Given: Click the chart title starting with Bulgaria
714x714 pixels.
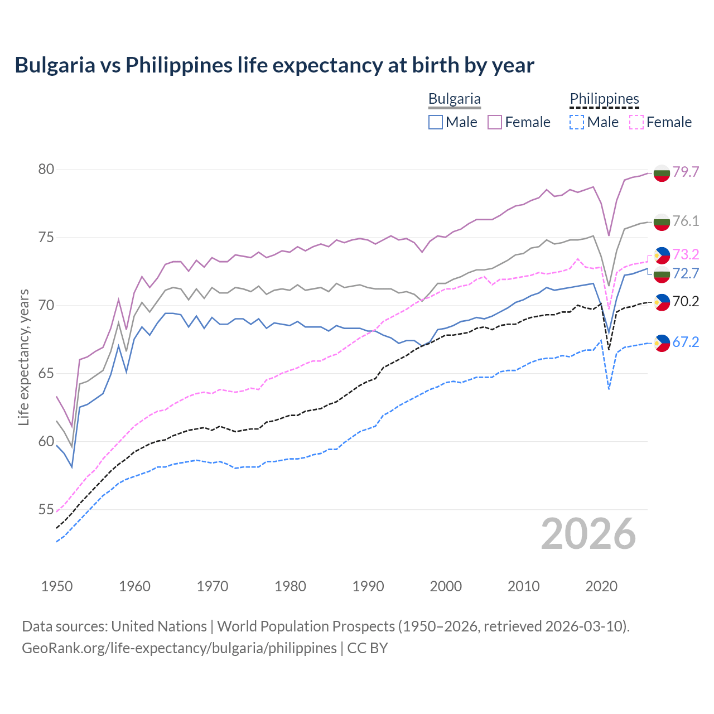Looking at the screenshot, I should point(274,65).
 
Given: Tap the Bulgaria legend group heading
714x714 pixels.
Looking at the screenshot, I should point(454,99).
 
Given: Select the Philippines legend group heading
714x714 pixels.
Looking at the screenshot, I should point(604,99).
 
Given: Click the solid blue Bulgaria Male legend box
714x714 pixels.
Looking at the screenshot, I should point(436,122).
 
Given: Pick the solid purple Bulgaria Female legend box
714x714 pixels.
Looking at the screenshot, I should point(495,122).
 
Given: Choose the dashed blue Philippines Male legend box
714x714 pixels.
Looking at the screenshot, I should point(577,122).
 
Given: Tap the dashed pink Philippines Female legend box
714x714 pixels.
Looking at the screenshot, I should point(636,122).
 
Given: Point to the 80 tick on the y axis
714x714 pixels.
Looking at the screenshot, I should point(46,170).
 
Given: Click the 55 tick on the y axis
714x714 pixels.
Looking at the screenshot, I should point(46,509).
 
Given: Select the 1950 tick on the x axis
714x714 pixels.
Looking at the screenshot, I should point(57,586).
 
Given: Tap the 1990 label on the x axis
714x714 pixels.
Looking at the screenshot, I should point(368,586).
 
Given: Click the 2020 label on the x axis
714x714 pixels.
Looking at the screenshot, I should point(601,586).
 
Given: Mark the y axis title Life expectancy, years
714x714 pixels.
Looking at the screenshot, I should point(24,357).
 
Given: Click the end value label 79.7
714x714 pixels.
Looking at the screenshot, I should point(686,172).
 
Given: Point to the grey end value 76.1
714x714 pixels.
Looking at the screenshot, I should point(686,221).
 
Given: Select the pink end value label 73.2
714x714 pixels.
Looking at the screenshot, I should point(686,255).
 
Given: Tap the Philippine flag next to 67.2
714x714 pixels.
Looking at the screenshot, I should point(662,342).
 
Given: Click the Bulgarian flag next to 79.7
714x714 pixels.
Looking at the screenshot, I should point(662,173).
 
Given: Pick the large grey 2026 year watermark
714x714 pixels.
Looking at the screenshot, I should point(588,534).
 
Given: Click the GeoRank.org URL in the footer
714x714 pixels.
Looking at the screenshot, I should point(179,648).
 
